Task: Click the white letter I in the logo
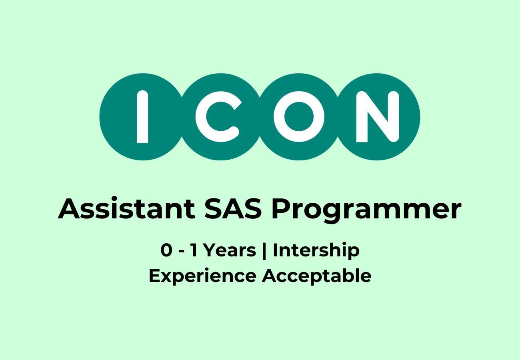pos(142,117)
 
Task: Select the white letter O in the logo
pos(299,117)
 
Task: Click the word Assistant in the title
pos(126,209)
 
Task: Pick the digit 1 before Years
pos(194,251)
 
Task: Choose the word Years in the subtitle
pos(229,251)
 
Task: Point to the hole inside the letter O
pos(299,117)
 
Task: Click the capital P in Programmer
pos(280,209)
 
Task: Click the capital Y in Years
pos(208,251)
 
